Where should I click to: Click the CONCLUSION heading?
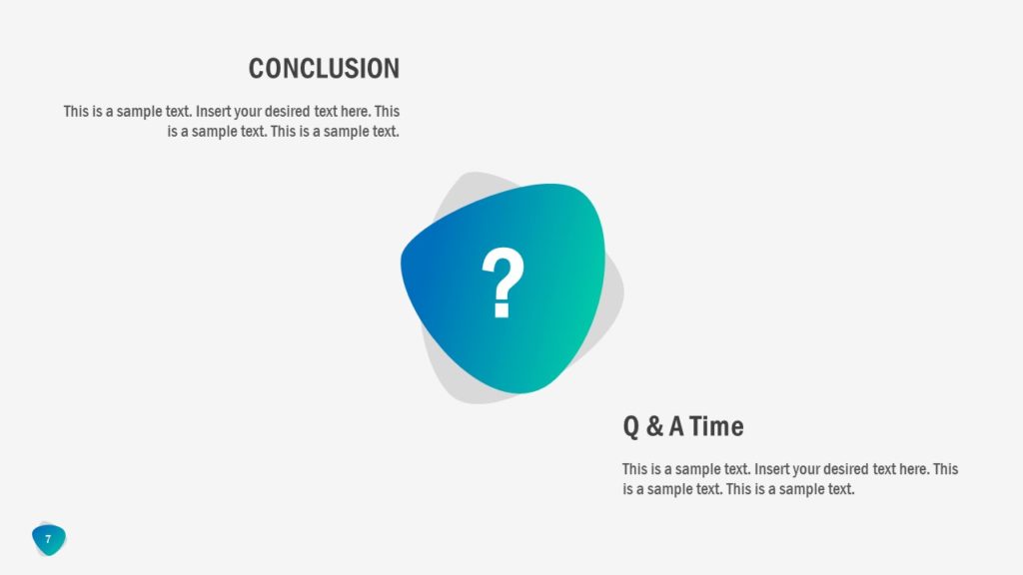[324, 69]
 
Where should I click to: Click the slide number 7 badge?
[48, 539]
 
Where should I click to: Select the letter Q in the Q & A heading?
[631, 427]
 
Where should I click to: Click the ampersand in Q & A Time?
[654, 427]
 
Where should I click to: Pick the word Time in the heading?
[716, 427]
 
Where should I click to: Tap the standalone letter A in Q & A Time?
[676, 427]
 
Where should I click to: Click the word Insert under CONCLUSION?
[214, 112]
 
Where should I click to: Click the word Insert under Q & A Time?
[772, 469]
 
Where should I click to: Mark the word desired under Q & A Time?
[850, 469]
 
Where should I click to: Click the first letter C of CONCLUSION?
[257, 69]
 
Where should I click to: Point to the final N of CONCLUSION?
[392, 69]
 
